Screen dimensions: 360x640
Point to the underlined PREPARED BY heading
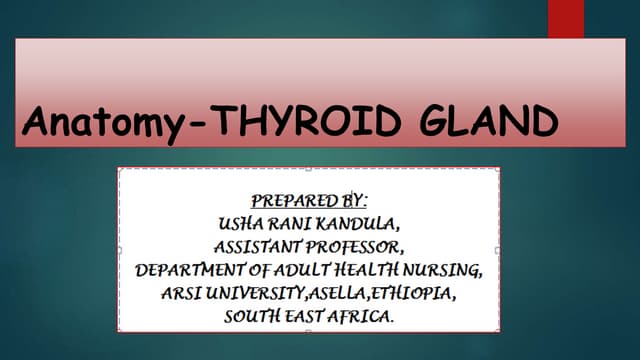tap(310, 198)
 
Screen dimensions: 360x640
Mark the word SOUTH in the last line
tap(251, 318)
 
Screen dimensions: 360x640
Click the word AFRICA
tap(362, 318)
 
